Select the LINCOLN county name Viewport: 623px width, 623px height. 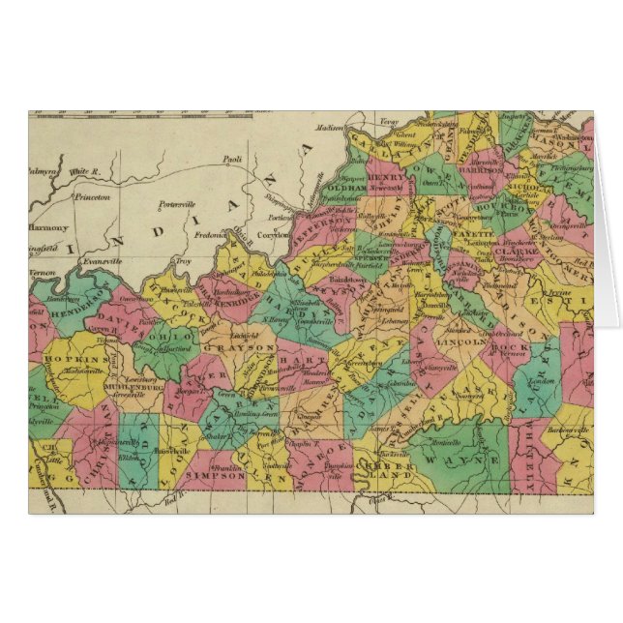(x=458, y=341)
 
